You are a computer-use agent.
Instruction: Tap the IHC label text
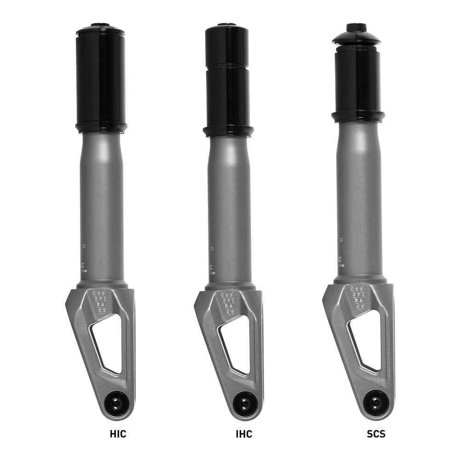[244, 433]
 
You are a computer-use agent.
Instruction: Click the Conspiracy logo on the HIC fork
[98, 302]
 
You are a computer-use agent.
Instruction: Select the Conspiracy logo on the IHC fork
[226, 303]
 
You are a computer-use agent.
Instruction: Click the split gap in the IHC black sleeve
[227, 68]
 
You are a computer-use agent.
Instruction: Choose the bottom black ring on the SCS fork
[357, 116]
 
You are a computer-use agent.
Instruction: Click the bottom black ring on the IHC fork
[228, 131]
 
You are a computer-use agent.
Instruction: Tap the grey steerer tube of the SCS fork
[358, 193]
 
